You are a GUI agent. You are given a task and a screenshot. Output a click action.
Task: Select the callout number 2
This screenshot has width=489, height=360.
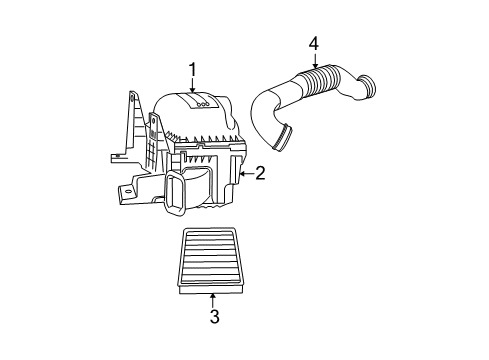tap(259, 174)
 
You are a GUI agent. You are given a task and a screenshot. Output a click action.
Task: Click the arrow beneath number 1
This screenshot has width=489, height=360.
tap(191, 84)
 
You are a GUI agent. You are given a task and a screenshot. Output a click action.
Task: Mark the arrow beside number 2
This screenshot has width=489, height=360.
tap(244, 174)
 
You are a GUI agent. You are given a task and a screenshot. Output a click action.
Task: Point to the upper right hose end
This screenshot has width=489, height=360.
tap(368, 88)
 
